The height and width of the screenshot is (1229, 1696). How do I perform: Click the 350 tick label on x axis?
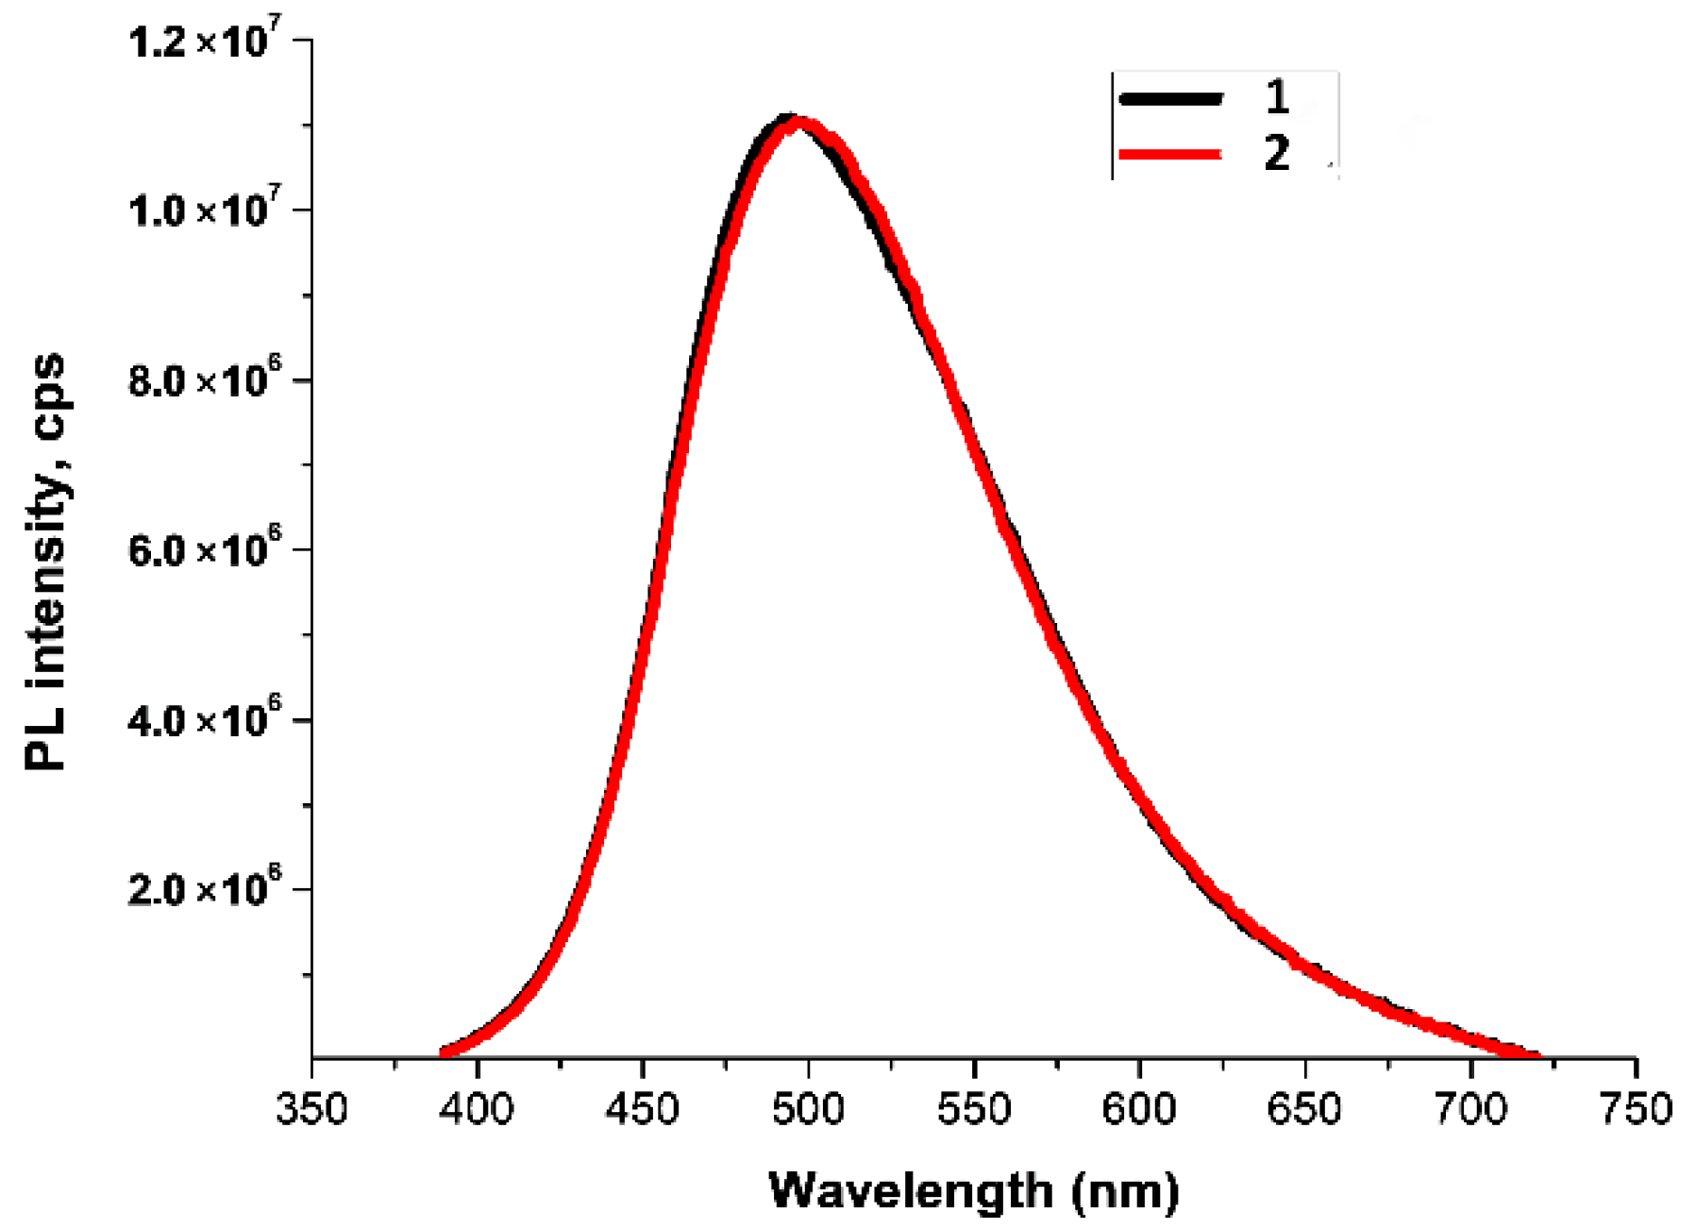pyautogui.click(x=311, y=1108)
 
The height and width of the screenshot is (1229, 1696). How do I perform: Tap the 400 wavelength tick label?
pyautogui.click(x=477, y=1108)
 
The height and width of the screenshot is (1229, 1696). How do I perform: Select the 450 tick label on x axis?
pyautogui.click(x=642, y=1108)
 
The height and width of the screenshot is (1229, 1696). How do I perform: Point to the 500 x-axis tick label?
pyautogui.click(x=808, y=1108)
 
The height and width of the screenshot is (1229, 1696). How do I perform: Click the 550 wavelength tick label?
pyautogui.click(x=973, y=1108)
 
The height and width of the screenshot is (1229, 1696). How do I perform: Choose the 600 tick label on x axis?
pyautogui.click(x=1139, y=1108)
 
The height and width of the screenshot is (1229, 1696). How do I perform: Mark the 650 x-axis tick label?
pyautogui.click(x=1304, y=1108)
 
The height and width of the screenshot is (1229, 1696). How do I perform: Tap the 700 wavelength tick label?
pyautogui.click(x=1470, y=1108)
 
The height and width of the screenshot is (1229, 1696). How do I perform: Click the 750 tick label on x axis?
pyautogui.click(x=1636, y=1108)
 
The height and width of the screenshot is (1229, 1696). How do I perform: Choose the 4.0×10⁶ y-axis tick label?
pyautogui.click(x=203, y=719)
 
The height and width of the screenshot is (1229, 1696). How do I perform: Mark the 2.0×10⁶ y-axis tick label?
pyautogui.click(x=203, y=888)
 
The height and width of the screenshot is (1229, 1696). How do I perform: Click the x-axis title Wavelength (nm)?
pyautogui.click(x=973, y=1191)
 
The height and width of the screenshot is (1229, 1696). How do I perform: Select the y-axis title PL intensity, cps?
pyautogui.click(x=44, y=562)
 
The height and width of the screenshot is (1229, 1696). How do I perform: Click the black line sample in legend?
pyautogui.click(x=1170, y=98)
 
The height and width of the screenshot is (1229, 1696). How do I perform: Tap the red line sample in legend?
pyautogui.click(x=1170, y=153)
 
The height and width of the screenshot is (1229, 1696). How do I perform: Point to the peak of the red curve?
pyautogui.click(x=798, y=122)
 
